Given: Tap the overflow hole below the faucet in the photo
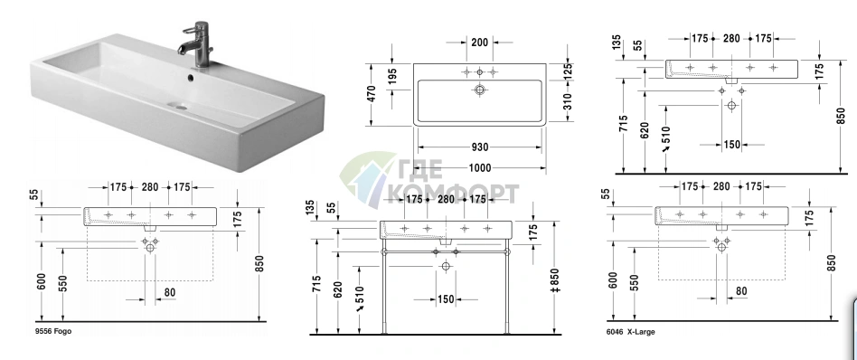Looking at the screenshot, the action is pyautogui.click(x=190, y=78).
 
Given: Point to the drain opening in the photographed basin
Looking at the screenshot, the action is pyautogui.click(x=177, y=106).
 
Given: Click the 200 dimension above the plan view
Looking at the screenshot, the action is pyautogui.click(x=479, y=43).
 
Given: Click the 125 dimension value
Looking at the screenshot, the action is pyautogui.click(x=568, y=71).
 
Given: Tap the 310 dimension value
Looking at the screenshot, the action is pyautogui.click(x=568, y=103).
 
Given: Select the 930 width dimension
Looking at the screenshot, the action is pyautogui.click(x=479, y=147).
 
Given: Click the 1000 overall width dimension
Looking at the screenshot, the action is pyautogui.click(x=479, y=167).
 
